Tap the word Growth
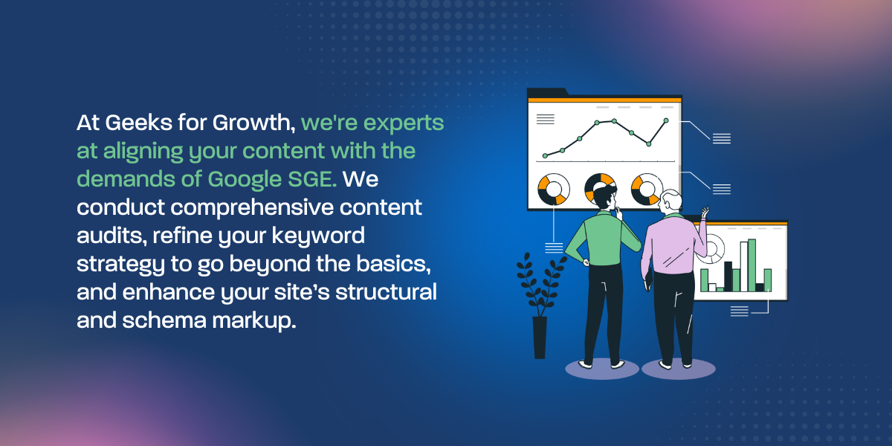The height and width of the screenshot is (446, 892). (253, 122)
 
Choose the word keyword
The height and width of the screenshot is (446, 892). (318, 236)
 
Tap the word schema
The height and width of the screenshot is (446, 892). (164, 320)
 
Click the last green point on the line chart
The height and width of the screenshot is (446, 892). (666, 120)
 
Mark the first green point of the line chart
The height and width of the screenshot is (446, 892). (545, 155)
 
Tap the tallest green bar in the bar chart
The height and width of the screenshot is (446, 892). (752, 265)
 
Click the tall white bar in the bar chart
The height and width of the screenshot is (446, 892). (744, 266)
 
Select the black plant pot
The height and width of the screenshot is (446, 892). (540, 337)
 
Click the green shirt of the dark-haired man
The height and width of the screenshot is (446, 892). (604, 239)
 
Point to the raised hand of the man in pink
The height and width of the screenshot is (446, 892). (705, 212)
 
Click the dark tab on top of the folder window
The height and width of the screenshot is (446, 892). (548, 92)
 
